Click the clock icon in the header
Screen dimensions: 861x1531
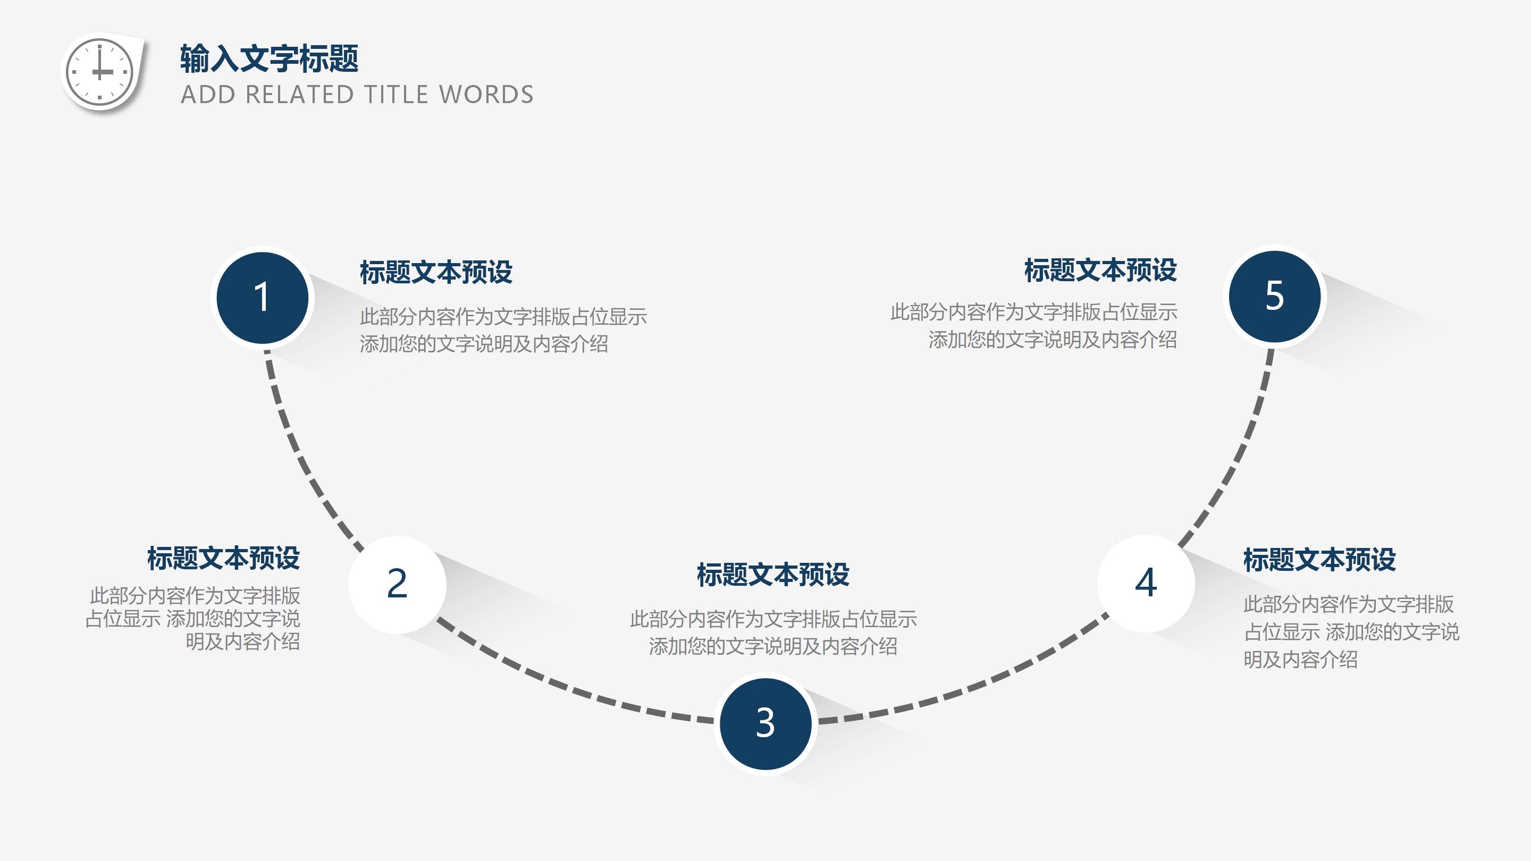click(x=99, y=72)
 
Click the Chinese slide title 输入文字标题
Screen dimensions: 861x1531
click(x=269, y=58)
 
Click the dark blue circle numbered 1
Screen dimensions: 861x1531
click(x=262, y=297)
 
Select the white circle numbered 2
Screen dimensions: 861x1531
click(x=397, y=584)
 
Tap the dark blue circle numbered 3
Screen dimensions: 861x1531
click(x=766, y=723)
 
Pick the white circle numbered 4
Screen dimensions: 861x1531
click(x=1146, y=583)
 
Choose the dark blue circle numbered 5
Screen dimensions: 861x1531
click(x=1274, y=296)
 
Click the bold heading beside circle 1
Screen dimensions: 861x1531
click(x=436, y=272)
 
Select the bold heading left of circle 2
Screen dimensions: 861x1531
click(x=223, y=559)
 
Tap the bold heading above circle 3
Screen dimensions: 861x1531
click(x=772, y=575)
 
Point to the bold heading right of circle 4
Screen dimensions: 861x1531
click(x=1319, y=560)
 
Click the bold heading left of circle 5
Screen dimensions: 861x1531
click(x=1100, y=271)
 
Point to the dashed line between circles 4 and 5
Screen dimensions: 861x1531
click(x=1236, y=458)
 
